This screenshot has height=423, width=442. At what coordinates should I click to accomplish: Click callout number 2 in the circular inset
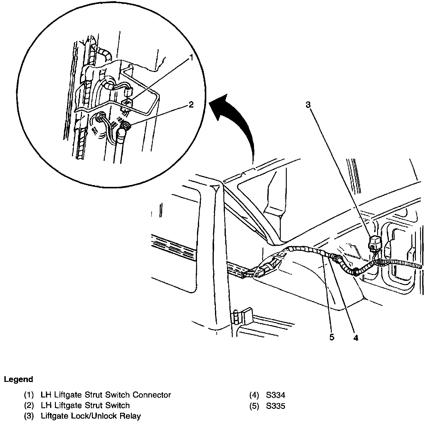coord(191,104)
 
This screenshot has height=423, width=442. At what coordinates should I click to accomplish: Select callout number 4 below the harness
coord(356,338)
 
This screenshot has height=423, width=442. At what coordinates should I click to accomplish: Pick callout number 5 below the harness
coord(331,337)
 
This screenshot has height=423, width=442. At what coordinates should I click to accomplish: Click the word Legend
coord(18,379)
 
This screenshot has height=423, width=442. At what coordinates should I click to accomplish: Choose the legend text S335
coord(275,406)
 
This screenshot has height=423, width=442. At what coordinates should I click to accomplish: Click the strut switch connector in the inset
coord(127,102)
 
